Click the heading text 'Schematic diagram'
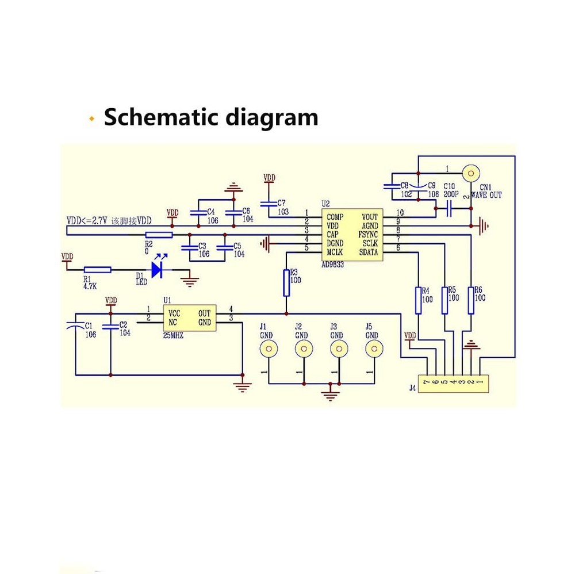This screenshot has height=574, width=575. click(210, 117)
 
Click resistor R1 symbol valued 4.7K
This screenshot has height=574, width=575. click(97, 269)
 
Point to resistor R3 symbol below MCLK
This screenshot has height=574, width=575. click(286, 283)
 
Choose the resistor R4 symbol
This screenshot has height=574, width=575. click(417, 300)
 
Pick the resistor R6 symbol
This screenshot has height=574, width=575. click(471, 300)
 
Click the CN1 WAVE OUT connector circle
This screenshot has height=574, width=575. click(471, 172)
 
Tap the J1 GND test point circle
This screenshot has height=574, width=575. click(267, 348)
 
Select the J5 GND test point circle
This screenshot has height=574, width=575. click(374, 348)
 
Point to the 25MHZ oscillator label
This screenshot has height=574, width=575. click(173, 335)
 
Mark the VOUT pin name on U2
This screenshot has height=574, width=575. click(369, 217)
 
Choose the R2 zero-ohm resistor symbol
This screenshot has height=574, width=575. click(159, 235)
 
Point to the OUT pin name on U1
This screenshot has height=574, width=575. click(204, 313)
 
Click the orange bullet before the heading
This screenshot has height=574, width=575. click(91, 119)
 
